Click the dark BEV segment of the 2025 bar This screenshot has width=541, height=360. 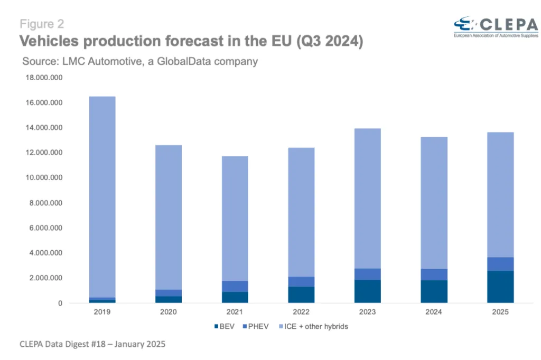[x=500, y=287]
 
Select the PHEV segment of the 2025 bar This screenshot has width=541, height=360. [x=500, y=264]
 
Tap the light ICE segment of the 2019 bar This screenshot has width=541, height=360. [x=102, y=197]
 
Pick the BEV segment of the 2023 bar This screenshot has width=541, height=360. [x=368, y=291]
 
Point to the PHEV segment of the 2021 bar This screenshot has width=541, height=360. [x=235, y=287]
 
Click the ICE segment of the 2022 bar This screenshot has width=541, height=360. [x=301, y=212]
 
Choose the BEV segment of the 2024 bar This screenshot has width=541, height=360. [x=434, y=291]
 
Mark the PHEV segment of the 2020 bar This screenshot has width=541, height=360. [x=169, y=293]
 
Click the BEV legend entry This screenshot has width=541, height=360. [x=224, y=326]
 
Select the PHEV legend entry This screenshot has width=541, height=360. [x=256, y=326]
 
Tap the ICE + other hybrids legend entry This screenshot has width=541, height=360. [x=313, y=326]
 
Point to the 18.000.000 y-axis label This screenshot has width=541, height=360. [x=44, y=78]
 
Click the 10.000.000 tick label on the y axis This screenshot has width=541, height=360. [x=44, y=177]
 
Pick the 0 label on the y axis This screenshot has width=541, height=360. [x=60, y=303]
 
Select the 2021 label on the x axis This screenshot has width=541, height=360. [x=235, y=312]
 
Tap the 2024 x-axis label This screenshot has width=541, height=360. [x=434, y=312]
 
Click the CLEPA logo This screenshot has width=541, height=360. [x=496, y=27]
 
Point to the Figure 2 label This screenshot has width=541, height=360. [x=42, y=24]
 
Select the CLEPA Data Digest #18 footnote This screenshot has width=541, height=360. [x=92, y=344]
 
